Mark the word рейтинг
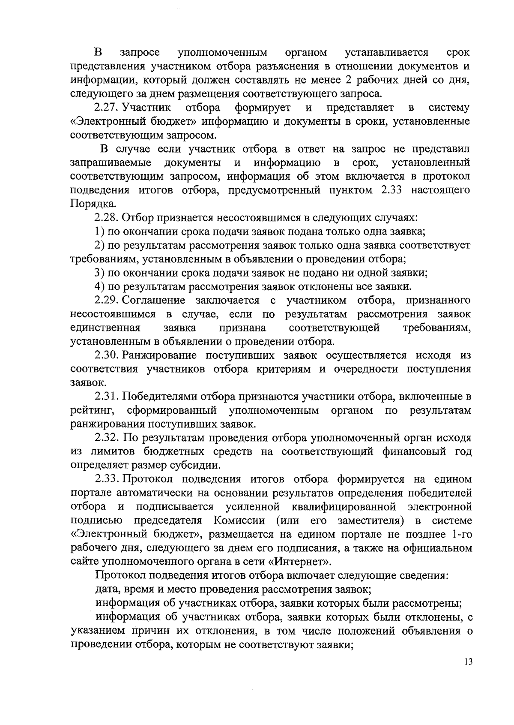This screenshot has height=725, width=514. (x=92, y=411)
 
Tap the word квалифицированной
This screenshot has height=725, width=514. (x=344, y=507)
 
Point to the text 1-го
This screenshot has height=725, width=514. (x=460, y=534)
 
